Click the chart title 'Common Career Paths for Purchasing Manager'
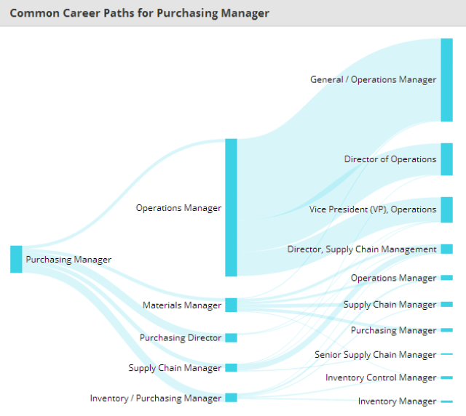(x=139, y=13)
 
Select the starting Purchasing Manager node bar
(x=16, y=260)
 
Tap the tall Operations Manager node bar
(x=231, y=207)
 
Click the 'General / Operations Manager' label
(x=373, y=80)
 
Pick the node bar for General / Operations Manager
(x=446, y=79)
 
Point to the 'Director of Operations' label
(x=390, y=159)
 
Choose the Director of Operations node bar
(x=446, y=159)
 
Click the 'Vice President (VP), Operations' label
(x=373, y=209)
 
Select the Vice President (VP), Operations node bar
(x=446, y=209)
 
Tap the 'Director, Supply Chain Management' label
(x=362, y=249)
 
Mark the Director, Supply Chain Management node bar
(x=446, y=249)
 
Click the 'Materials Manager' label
(x=182, y=305)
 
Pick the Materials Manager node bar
(x=231, y=305)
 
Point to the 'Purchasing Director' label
(x=181, y=338)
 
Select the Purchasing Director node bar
(x=231, y=337)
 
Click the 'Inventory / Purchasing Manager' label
(x=156, y=399)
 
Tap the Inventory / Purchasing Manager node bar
(x=231, y=397)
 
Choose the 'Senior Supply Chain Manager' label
(x=376, y=355)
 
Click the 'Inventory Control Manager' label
(x=381, y=378)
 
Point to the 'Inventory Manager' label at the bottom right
(x=397, y=401)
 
